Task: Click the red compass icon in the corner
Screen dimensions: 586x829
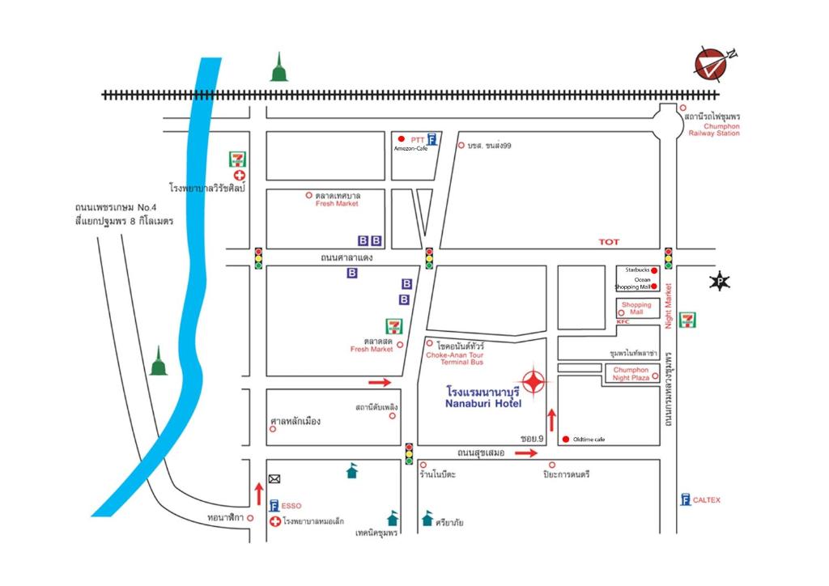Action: pyautogui.click(x=712, y=65)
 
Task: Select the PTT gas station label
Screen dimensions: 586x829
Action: pyautogui.click(x=417, y=139)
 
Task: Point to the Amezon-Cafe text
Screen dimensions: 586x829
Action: pyautogui.click(x=410, y=149)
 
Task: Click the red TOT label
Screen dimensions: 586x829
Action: pyautogui.click(x=608, y=242)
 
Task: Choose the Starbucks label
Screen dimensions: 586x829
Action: pyautogui.click(x=636, y=270)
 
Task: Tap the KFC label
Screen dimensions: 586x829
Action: pyautogui.click(x=623, y=322)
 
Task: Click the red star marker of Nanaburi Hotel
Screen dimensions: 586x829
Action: pyautogui.click(x=534, y=380)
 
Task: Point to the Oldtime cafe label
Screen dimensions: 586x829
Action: pyautogui.click(x=589, y=439)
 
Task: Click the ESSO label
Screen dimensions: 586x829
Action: pyautogui.click(x=291, y=506)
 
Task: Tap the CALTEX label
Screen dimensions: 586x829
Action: pyautogui.click(x=706, y=500)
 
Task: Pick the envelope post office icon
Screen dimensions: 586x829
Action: pyautogui.click(x=274, y=478)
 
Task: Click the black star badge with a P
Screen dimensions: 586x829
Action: pyautogui.click(x=719, y=282)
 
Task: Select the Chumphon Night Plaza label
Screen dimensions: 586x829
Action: pyautogui.click(x=631, y=373)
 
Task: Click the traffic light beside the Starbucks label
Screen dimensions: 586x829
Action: pyautogui.click(x=669, y=257)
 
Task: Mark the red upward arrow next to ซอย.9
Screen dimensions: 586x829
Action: pyautogui.click(x=552, y=419)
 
